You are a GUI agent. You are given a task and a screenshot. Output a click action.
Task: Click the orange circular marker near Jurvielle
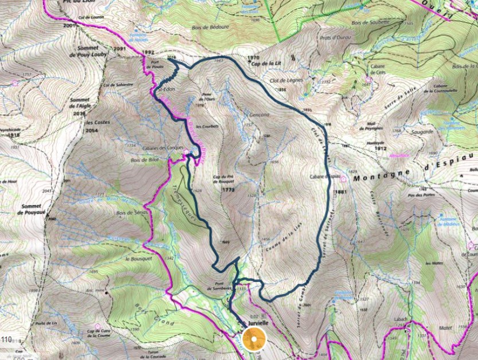tap(254, 338)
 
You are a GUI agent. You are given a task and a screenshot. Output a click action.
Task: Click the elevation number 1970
tap(253, 58)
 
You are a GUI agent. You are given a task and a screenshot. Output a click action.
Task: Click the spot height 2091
tap(119, 49)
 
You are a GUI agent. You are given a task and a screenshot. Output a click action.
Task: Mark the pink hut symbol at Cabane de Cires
tap(367, 80)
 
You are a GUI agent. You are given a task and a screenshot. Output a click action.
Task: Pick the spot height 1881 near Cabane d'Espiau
tap(343, 191)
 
